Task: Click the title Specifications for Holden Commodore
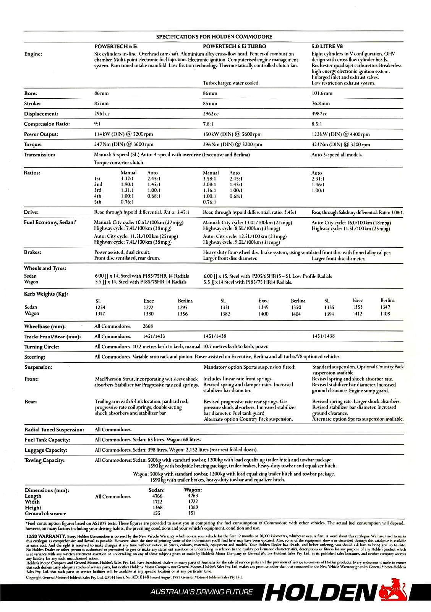coord(214,37)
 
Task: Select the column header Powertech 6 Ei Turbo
coord(235,46)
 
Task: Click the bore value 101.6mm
coord(322,93)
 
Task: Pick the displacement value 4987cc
coord(319,114)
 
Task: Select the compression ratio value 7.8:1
coord(209,124)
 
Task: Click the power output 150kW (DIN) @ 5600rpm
coord(232,134)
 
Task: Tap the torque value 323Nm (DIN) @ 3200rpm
coord(341,145)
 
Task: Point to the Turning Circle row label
coord(42,347)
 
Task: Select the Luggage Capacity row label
coord(46,450)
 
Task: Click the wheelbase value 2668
coord(147,326)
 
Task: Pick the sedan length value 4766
coord(157,496)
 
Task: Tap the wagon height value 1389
coord(193,508)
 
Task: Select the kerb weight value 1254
coord(100,307)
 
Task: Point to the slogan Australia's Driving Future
coord(201,592)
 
